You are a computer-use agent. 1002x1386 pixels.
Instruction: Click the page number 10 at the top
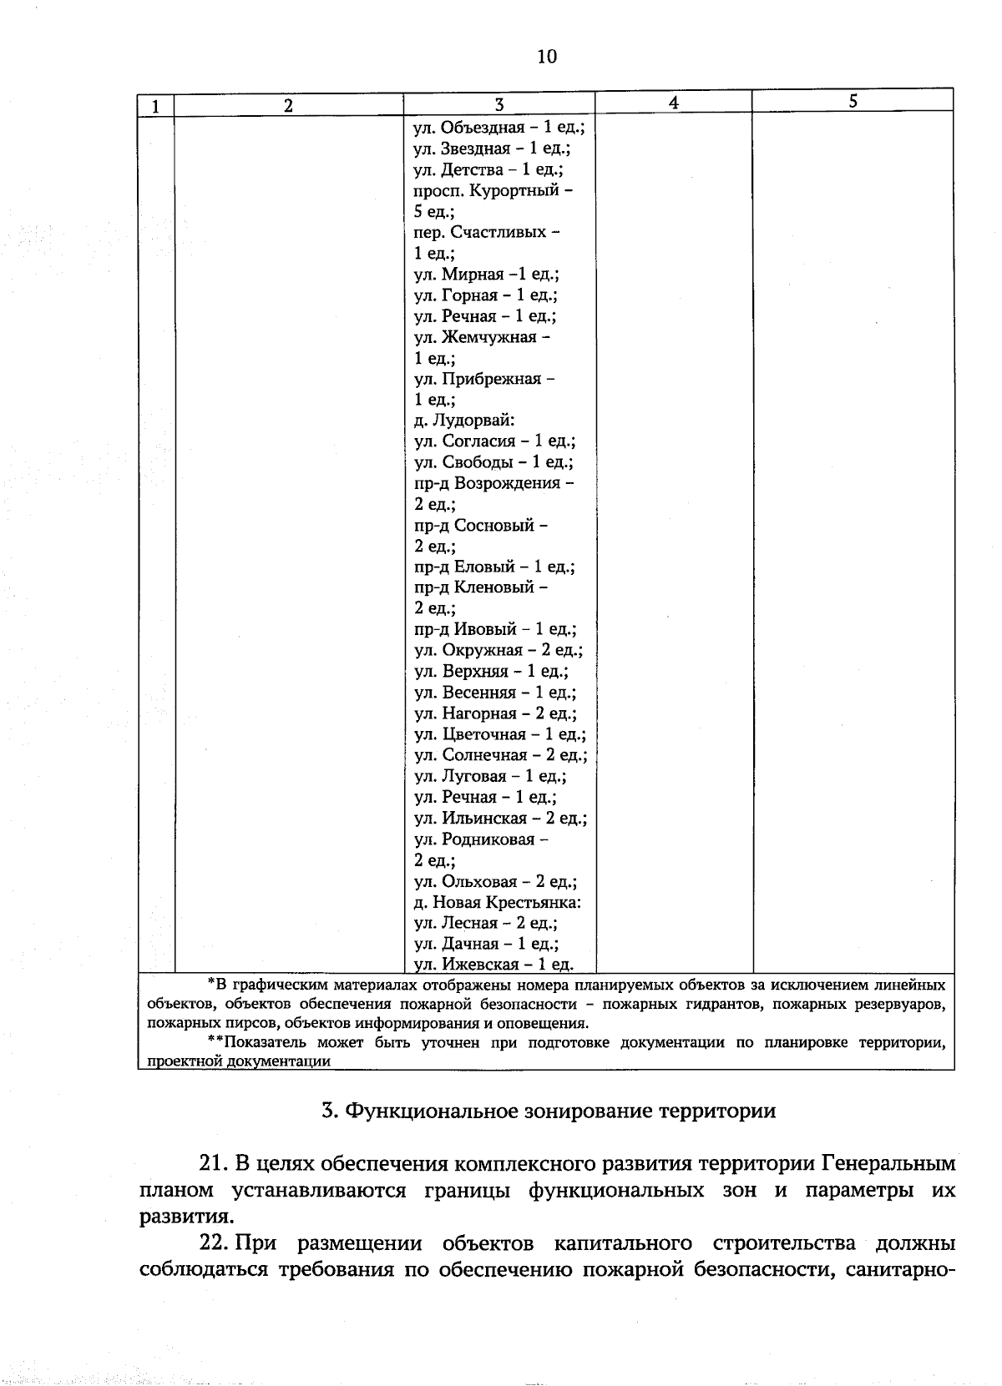click(x=547, y=56)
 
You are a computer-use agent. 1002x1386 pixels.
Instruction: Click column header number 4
click(x=673, y=102)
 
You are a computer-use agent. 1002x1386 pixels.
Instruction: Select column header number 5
click(x=853, y=102)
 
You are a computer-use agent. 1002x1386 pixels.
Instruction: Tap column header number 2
click(x=288, y=105)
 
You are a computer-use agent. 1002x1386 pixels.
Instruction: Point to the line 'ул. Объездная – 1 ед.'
click(x=498, y=128)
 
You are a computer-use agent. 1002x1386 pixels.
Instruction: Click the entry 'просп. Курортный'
click(x=493, y=190)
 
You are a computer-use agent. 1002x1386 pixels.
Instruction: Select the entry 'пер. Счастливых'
click(x=487, y=232)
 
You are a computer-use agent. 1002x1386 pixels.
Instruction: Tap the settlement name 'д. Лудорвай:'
click(x=464, y=421)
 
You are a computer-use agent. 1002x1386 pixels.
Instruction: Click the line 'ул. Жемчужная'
click(x=482, y=337)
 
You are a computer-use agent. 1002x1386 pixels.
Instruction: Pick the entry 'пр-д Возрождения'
click(x=493, y=483)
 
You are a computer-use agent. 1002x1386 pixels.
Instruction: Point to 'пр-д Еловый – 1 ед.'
click(x=494, y=567)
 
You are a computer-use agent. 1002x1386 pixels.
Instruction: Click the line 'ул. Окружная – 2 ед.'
click(x=498, y=650)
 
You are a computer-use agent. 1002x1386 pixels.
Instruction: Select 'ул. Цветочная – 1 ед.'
click(x=499, y=734)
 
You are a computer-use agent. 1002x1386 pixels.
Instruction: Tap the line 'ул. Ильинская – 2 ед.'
click(x=500, y=818)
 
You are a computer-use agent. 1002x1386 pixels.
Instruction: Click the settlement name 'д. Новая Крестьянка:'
click(x=498, y=902)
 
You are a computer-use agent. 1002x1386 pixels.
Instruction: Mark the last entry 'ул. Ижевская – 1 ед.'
click(x=493, y=965)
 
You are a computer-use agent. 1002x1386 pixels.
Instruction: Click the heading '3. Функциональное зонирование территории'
click(x=549, y=1111)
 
